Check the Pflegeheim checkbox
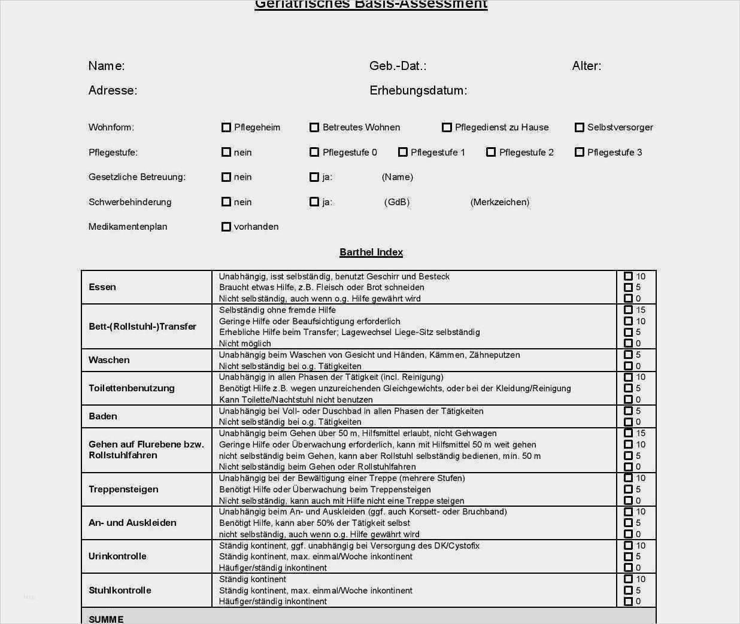(x=226, y=127)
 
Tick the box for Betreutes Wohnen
(x=314, y=127)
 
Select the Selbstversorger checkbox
(x=579, y=127)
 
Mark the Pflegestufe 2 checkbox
(x=491, y=152)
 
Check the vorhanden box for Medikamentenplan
(x=226, y=227)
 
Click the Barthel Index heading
(x=371, y=252)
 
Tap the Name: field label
(x=107, y=66)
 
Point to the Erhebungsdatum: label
(x=418, y=90)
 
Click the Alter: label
(x=587, y=66)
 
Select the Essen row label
(x=102, y=287)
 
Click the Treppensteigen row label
(x=123, y=489)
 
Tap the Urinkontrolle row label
(x=117, y=556)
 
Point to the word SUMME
(x=106, y=619)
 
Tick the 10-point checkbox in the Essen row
(x=628, y=276)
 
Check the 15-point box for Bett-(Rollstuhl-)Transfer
(x=628, y=310)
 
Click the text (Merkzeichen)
(x=500, y=202)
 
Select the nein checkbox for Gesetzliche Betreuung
(x=226, y=177)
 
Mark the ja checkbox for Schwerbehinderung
(x=314, y=202)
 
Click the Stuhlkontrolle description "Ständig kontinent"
(x=253, y=579)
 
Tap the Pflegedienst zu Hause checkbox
(x=447, y=127)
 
